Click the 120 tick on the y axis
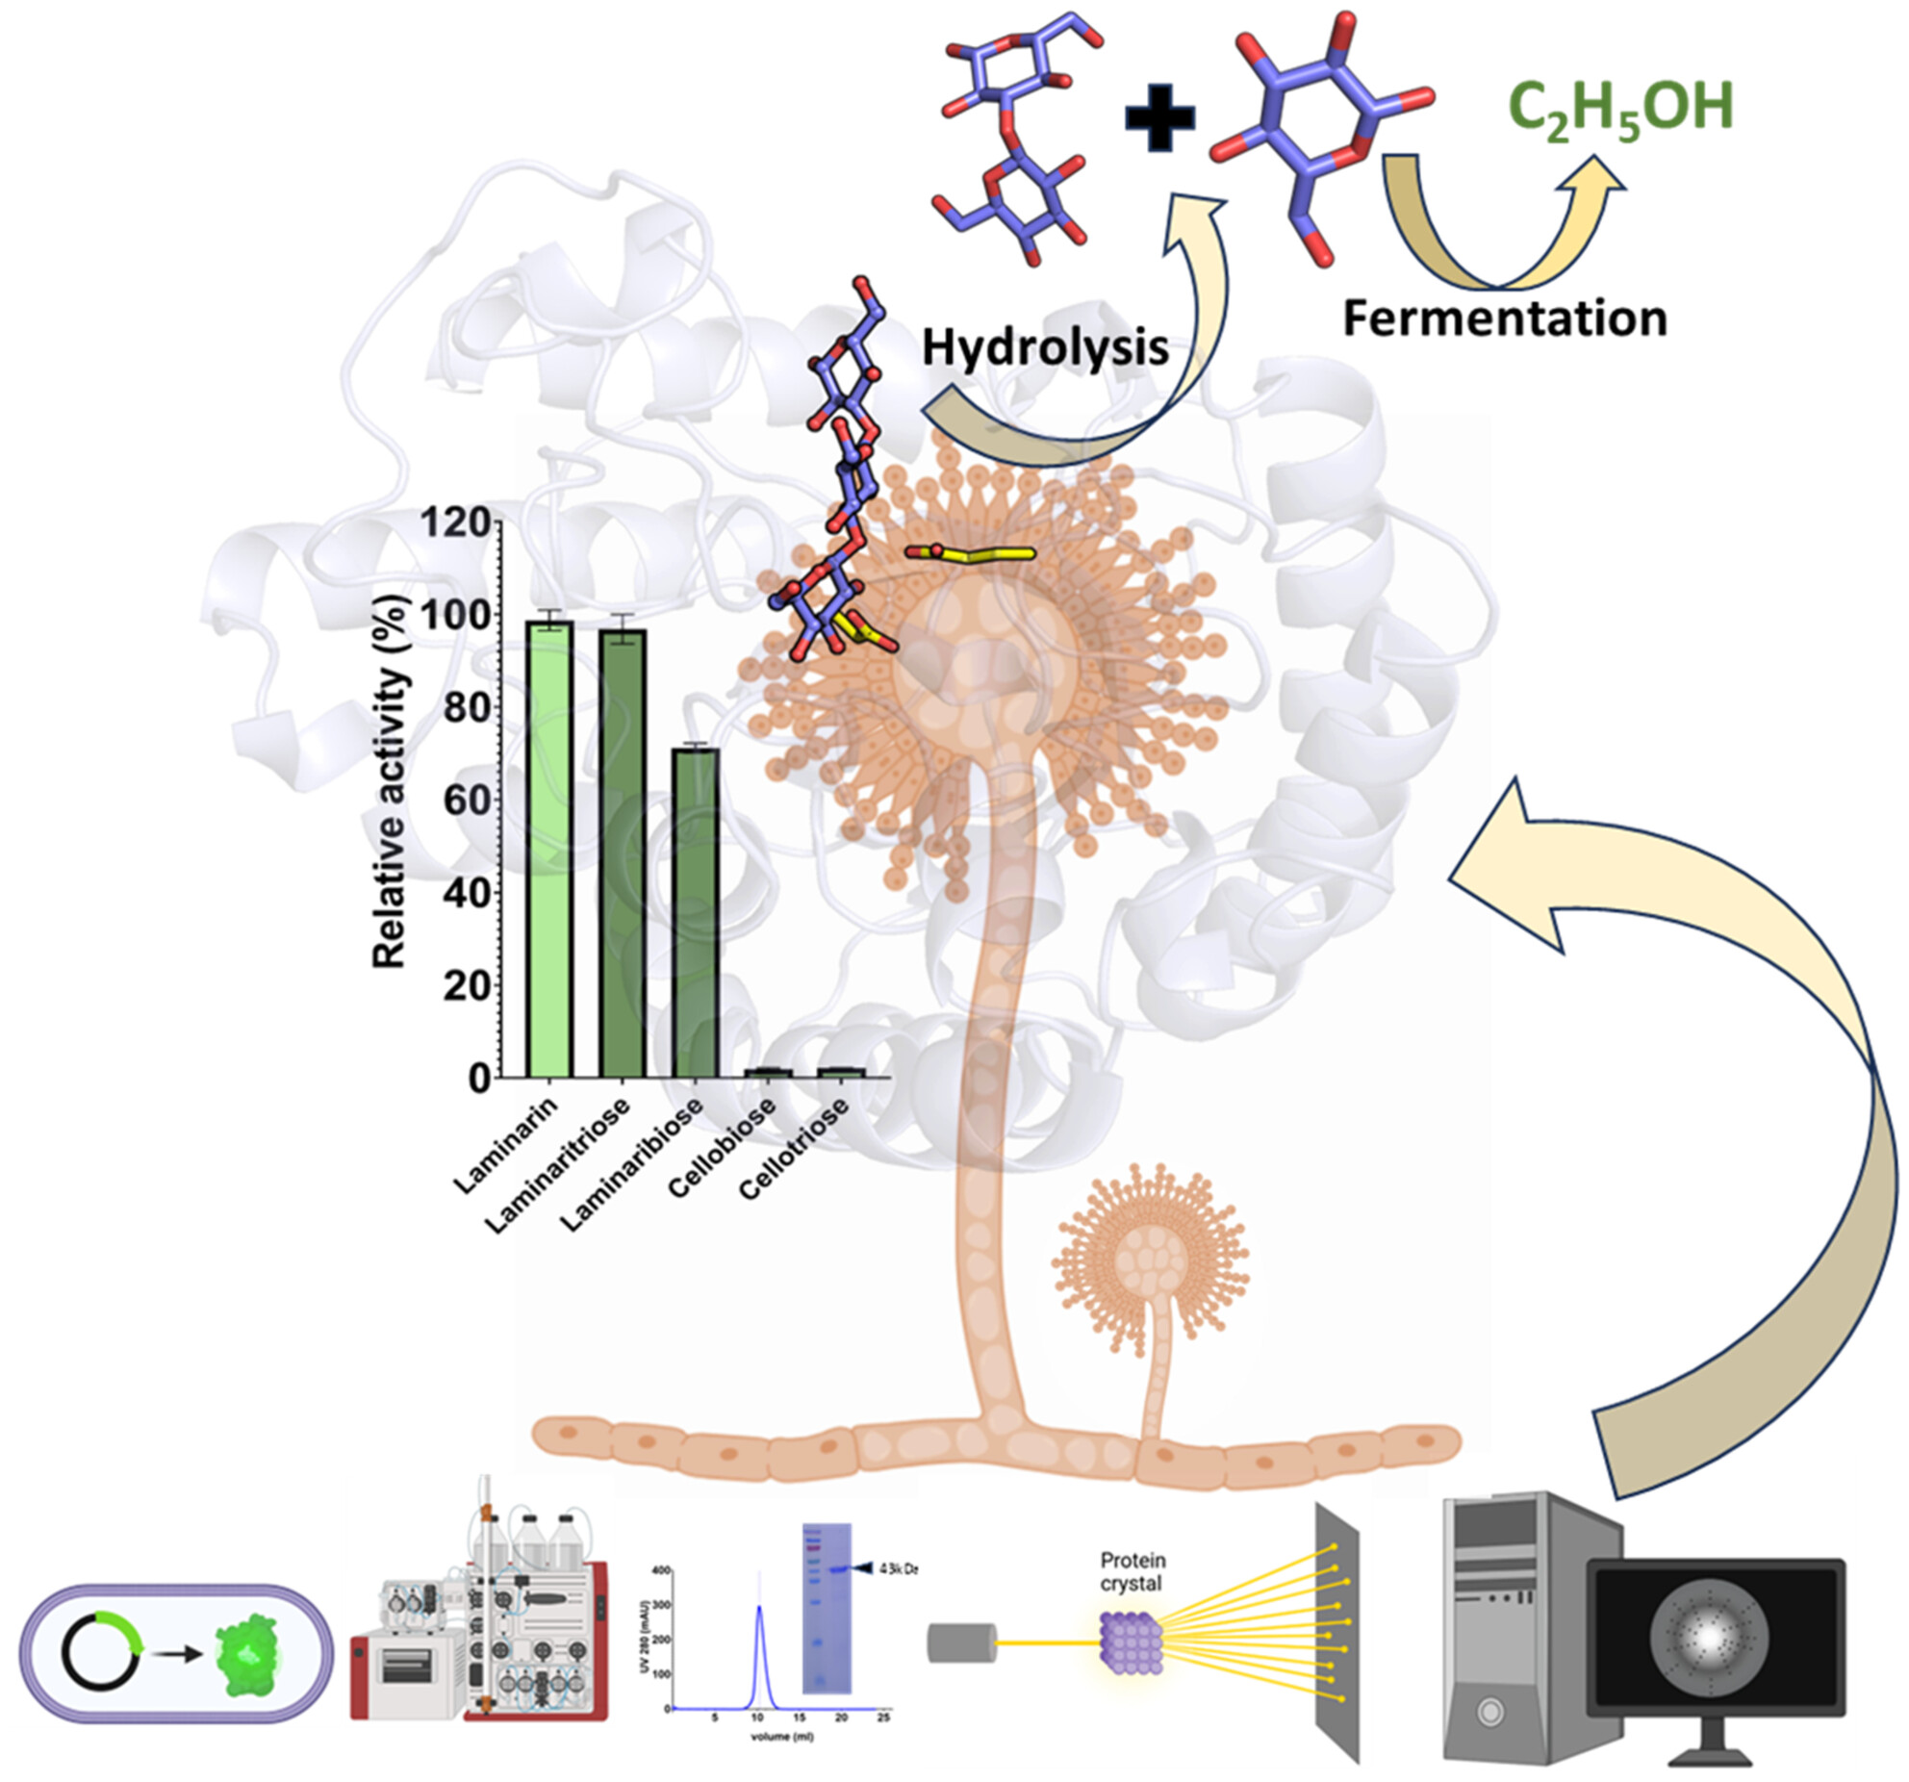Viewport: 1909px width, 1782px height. coord(456,522)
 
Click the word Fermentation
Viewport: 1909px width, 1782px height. coord(1505,318)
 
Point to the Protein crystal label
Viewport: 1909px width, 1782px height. coord(1133,1571)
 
